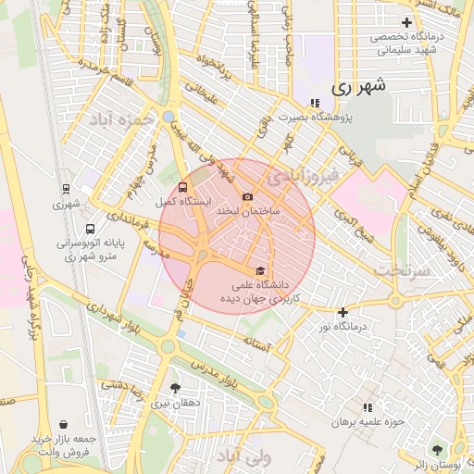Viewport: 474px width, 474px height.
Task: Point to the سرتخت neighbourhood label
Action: pyautogui.click(x=405, y=269)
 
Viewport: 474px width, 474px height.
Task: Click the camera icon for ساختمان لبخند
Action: pyautogui.click(x=247, y=196)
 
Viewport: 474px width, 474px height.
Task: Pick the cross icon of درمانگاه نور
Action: pyautogui.click(x=343, y=312)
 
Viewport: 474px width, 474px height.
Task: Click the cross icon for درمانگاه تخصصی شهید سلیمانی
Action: pyautogui.click(x=405, y=22)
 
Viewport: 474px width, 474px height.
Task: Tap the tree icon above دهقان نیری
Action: pyautogui.click(x=175, y=387)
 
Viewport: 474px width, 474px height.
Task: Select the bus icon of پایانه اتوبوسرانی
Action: pyautogui.click(x=89, y=229)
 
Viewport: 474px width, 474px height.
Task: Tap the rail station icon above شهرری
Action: pyautogui.click(x=65, y=189)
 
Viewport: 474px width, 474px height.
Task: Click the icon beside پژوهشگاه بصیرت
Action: pyautogui.click(x=315, y=102)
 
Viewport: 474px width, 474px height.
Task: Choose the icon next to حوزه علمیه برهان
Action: pyautogui.click(x=368, y=406)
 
